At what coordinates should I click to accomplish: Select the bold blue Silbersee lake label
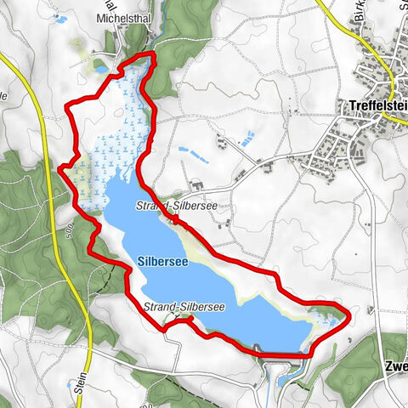pyautogui.click(x=161, y=263)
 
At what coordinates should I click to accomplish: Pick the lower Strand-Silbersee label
pyautogui.click(x=184, y=307)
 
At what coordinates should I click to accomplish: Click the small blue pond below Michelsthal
pyautogui.click(x=101, y=68)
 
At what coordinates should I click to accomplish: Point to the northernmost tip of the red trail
pyautogui.click(x=151, y=54)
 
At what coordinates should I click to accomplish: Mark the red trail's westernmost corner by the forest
pyautogui.click(x=59, y=168)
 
